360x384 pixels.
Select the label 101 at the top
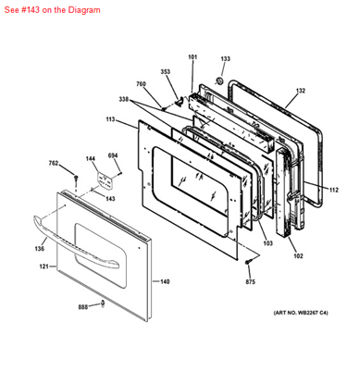click(192, 58)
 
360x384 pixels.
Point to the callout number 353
click(166, 71)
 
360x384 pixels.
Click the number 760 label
click(142, 85)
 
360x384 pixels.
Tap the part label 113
click(110, 119)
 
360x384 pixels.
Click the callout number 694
click(113, 155)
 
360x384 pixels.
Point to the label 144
click(91, 159)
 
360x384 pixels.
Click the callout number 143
click(109, 198)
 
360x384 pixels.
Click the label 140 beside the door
click(165, 281)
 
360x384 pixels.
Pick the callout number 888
click(83, 306)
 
